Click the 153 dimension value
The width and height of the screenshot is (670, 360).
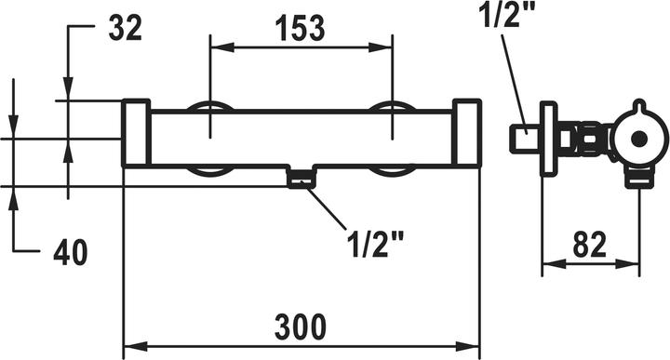click(300, 28)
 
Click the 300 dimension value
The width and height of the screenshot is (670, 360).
click(301, 327)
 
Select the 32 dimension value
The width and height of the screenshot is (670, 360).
click(125, 28)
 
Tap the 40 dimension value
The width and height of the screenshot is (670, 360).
click(71, 252)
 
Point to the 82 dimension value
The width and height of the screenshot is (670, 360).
click(590, 245)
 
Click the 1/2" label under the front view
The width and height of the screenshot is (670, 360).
click(375, 245)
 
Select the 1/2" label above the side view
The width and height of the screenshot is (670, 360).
click(506, 14)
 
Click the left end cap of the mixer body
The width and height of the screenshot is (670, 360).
click(136, 133)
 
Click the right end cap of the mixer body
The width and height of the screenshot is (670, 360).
click(467, 133)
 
